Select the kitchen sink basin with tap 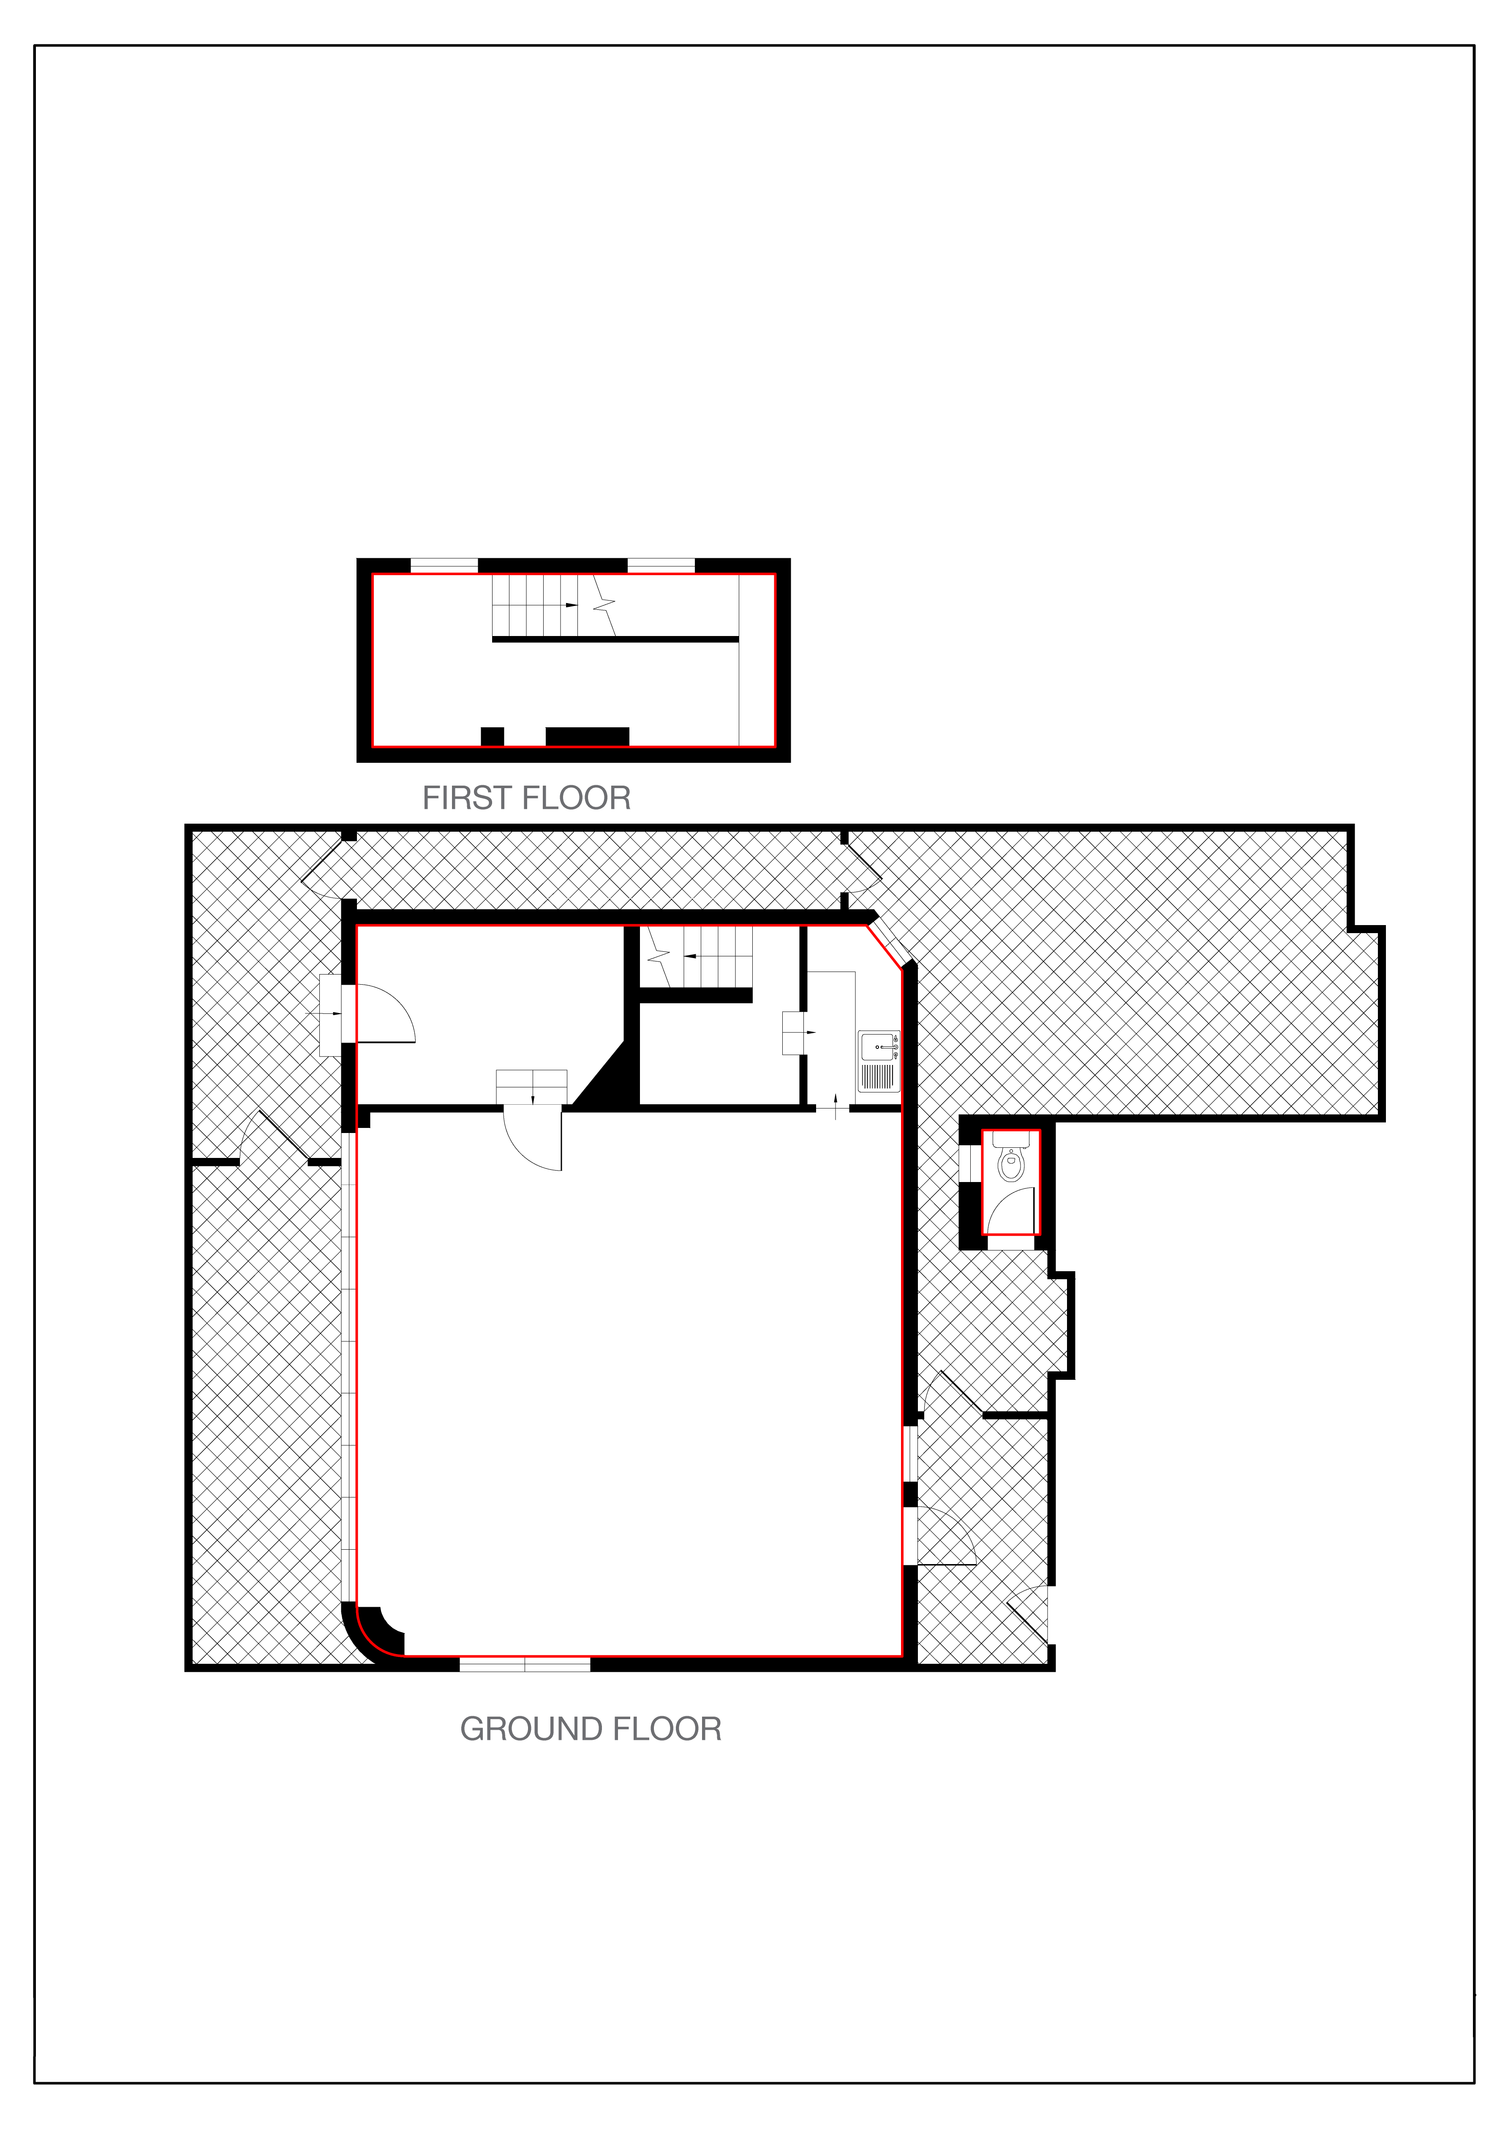pos(879,1048)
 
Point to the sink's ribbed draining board pos(878,1077)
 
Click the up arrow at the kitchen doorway pos(836,1106)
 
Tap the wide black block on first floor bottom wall pos(588,737)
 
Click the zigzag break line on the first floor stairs pos(604,605)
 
